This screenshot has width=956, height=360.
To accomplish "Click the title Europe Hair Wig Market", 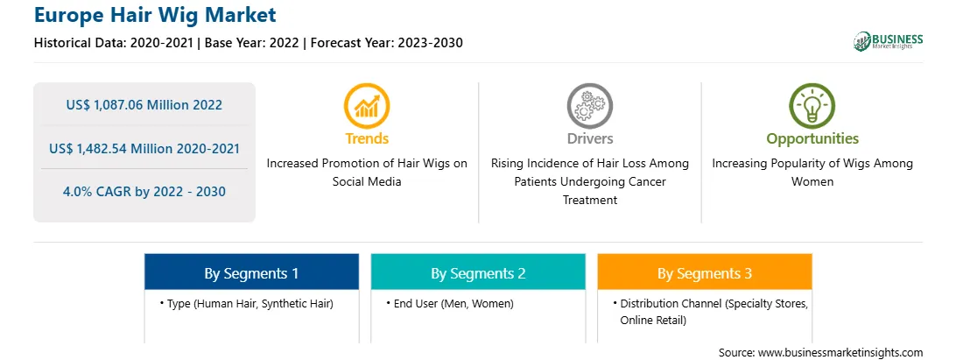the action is coord(155,15).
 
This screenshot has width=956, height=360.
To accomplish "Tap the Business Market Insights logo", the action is coord(889,41).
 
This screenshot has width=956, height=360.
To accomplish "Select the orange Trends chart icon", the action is coord(367,106).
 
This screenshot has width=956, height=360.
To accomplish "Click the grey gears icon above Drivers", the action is coord(589,106).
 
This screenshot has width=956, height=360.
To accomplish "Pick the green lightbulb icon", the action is coord(812,106).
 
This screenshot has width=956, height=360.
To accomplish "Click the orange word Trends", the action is coord(367,138).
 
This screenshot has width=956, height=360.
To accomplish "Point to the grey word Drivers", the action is coord(590,138).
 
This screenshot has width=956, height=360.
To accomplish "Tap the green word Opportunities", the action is coord(812,139).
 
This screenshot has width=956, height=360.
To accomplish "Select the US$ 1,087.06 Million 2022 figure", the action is coord(144,105).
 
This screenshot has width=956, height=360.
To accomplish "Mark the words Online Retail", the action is coord(653,321).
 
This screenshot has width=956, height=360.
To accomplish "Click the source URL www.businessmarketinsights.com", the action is coord(840,353).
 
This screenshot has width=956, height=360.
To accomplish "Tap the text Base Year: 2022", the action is coord(252,43).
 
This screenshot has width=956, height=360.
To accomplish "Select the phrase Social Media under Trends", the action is coord(367,182).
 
